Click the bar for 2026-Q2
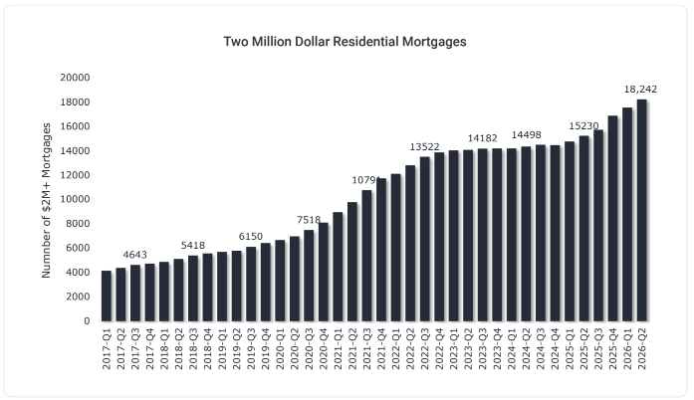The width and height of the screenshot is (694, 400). click(x=642, y=210)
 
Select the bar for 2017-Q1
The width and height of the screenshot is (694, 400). click(x=107, y=296)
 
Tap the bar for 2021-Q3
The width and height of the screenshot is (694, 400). click(x=366, y=256)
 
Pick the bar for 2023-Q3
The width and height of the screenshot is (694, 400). click(x=483, y=235)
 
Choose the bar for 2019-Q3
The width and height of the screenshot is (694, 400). click(x=251, y=284)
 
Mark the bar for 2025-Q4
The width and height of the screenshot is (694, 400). click(x=612, y=219)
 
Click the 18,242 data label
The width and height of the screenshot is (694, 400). click(x=640, y=89)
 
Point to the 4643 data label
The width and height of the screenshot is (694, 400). click(x=135, y=255)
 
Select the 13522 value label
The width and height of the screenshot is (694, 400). click(x=424, y=146)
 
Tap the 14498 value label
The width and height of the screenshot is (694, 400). click(x=527, y=134)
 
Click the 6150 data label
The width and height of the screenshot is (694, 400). click(x=251, y=236)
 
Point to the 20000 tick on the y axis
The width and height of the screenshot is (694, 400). click(x=75, y=78)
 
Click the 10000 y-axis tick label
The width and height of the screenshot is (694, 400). click(x=75, y=199)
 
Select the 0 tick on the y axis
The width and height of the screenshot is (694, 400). click(x=87, y=320)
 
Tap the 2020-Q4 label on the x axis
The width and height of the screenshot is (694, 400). click(x=323, y=348)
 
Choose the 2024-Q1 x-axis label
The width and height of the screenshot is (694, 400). click(x=511, y=348)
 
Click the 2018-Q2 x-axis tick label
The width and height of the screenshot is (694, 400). click(x=178, y=348)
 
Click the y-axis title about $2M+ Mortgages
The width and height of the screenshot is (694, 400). click(x=46, y=200)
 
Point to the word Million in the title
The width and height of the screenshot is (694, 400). click(x=270, y=42)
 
